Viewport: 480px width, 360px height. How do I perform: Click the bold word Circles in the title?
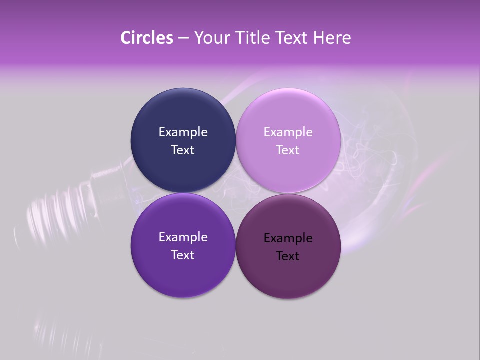[x=146, y=38]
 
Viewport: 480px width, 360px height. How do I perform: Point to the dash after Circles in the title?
[x=183, y=38]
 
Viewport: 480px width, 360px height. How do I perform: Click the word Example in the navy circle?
[x=183, y=132]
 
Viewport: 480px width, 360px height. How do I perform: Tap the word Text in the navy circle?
[x=183, y=150]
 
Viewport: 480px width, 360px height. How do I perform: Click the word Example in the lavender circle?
[x=288, y=132]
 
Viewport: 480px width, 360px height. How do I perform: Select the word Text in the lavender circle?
[x=288, y=150]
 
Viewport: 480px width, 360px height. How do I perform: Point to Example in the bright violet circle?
[x=183, y=237]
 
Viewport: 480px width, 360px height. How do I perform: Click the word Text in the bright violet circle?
[x=183, y=255]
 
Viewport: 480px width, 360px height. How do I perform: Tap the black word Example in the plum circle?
[x=288, y=238]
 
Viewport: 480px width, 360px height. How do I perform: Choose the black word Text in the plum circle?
[x=288, y=256]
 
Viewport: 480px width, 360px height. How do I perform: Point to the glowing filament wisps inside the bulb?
[x=370, y=150]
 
